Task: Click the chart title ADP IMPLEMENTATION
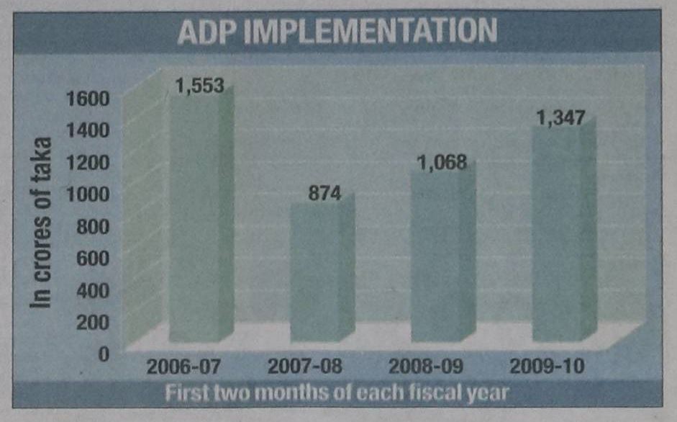point(337,32)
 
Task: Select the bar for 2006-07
point(194,216)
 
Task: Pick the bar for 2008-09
point(436,256)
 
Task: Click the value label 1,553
point(199,86)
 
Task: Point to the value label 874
point(322,194)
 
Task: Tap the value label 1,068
point(442,163)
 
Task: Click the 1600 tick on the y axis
point(86,98)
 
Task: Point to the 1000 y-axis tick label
point(86,193)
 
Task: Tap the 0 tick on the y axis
point(101,353)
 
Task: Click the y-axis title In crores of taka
point(43,223)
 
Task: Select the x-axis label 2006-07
point(179,366)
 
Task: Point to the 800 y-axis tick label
point(89,225)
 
